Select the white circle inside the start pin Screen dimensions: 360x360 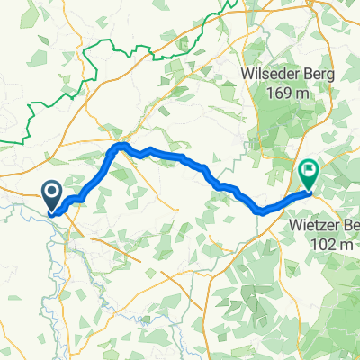point(50,191)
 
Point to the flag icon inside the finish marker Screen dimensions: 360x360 point(310,168)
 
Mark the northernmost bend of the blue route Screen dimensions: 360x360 point(122,145)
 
